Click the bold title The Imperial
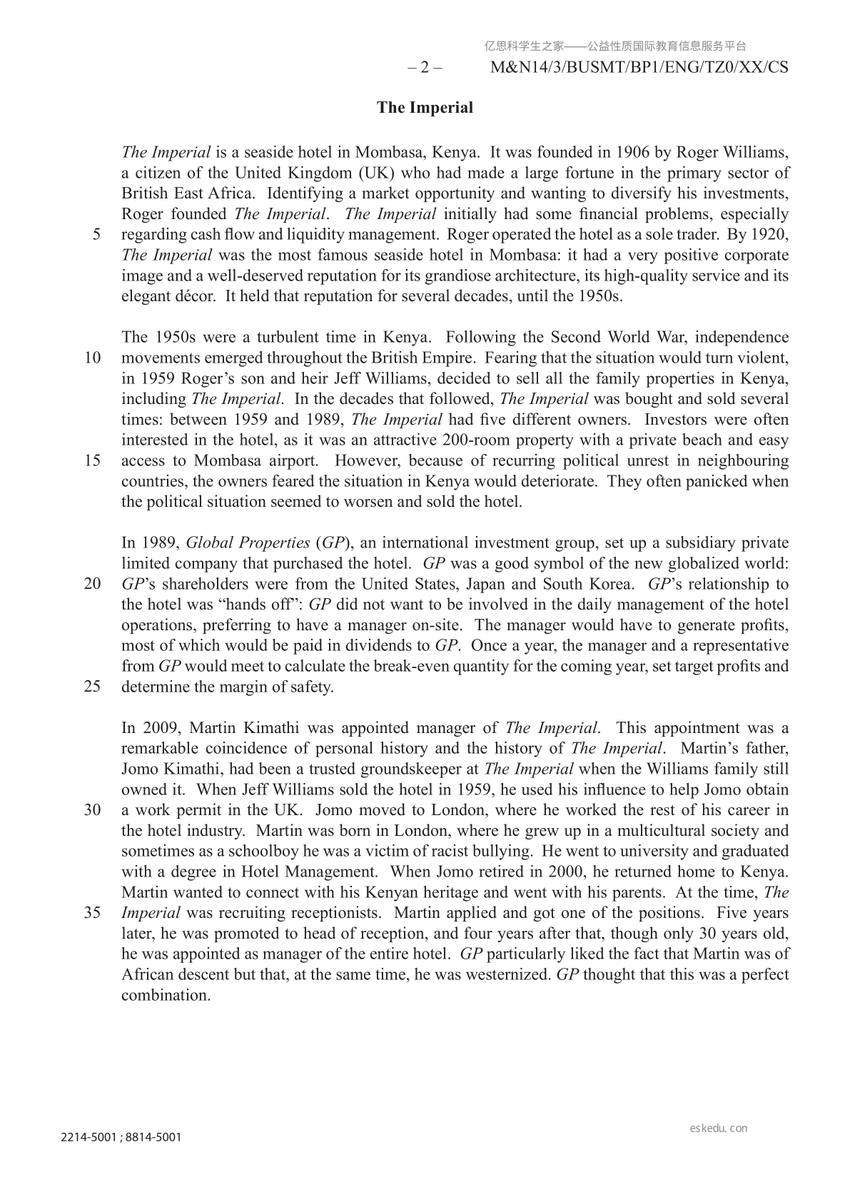click(x=425, y=108)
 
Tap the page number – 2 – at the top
click(x=425, y=69)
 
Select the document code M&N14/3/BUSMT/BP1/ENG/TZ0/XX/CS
click(x=640, y=69)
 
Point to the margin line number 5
click(x=96, y=235)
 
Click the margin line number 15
click(x=93, y=460)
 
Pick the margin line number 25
click(x=93, y=687)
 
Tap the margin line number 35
click(x=93, y=913)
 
